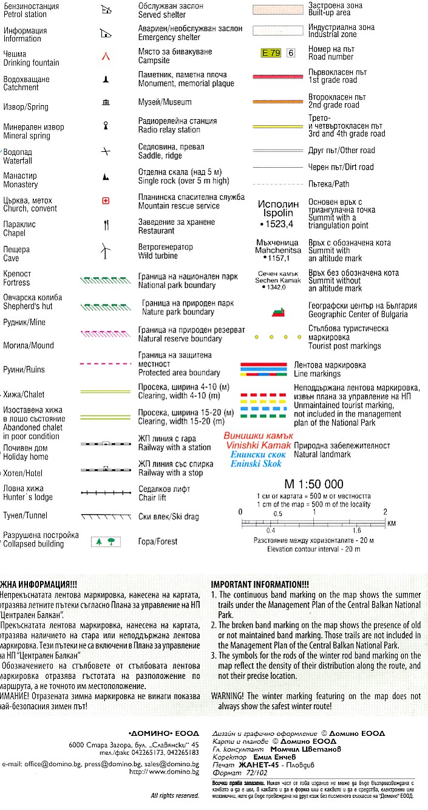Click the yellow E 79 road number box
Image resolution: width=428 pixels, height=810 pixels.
(271, 53)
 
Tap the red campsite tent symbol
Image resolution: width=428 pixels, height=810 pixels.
(106, 57)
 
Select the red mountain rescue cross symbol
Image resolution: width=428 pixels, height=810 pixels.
(106, 201)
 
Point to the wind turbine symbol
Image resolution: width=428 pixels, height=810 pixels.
(106, 249)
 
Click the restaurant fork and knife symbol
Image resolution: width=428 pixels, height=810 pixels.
(106, 225)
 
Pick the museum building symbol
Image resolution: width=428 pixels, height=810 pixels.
(106, 102)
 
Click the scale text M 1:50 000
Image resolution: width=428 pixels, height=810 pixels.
(314, 484)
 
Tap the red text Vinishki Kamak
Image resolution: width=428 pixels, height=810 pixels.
(258, 446)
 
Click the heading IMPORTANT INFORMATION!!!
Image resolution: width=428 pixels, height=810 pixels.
(260, 583)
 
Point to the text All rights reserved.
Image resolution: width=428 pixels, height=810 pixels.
(175, 795)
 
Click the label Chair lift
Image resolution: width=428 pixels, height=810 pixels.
(152, 498)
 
